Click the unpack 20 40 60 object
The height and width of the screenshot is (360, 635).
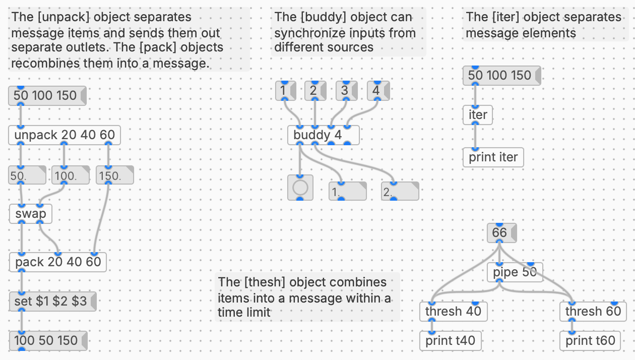[x=65, y=135]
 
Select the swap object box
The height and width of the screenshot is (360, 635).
[x=31, y=214]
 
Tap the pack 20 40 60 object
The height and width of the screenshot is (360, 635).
[x=58, y=262]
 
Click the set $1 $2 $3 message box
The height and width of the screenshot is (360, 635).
[x=51, y=302]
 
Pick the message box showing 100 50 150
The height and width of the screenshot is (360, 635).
[x=46, y=341]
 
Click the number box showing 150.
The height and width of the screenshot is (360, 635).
[x=114, y=176]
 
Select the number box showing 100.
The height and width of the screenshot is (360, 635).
[x=70, y=176]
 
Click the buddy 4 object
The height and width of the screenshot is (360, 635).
[x=323, y=135]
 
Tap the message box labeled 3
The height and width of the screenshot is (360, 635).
[x=346, y=91]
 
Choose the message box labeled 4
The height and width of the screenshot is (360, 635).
[x=377, y=91]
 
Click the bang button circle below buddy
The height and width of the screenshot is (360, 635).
[x=300, y=188]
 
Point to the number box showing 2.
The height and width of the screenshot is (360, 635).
[x=400, y=192]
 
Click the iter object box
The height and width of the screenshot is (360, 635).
[x=477, y=115]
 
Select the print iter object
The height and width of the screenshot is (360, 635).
[x=493, y=157]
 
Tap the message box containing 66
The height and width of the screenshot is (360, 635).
[x=501, y=233]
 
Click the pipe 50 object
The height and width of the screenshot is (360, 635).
[x=514, y=272]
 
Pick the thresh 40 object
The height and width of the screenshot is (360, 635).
[x=453, y=312]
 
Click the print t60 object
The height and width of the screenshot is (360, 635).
[x=590, y=341]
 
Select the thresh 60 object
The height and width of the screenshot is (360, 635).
[x=593, y=312]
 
